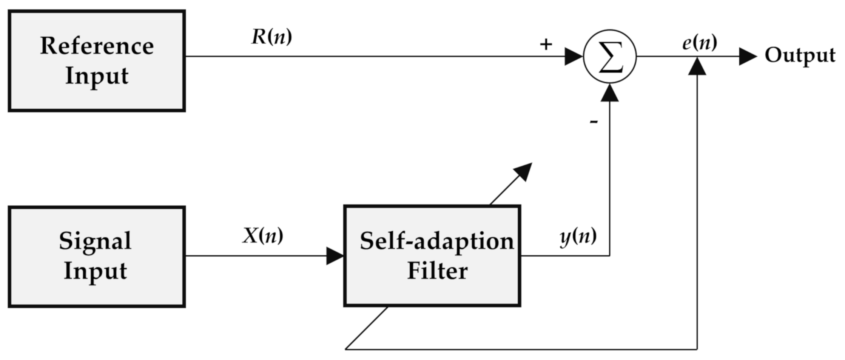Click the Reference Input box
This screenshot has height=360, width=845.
coord(97,61)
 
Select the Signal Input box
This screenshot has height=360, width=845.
coord(97,257)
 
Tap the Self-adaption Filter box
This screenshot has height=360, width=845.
coord(432,256)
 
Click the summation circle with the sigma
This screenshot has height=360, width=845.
coord(609,57)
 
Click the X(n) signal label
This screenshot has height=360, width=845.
coord(262,236)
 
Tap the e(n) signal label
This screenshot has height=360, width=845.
coord(699,43)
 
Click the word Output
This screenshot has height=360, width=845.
coord(800,55)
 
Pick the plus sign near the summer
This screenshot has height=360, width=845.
coord(546,45)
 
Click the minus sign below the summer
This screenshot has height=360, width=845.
coord(594,122)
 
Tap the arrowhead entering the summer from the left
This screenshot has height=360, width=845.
coord(574,57)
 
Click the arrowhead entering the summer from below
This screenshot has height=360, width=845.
coord(609,93)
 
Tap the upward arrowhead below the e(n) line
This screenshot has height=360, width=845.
coord(697,66)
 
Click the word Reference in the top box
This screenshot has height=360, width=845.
coord(97,46)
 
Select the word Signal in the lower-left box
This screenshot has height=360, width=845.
coord(95,241)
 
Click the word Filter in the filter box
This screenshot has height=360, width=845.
coord(437,271)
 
